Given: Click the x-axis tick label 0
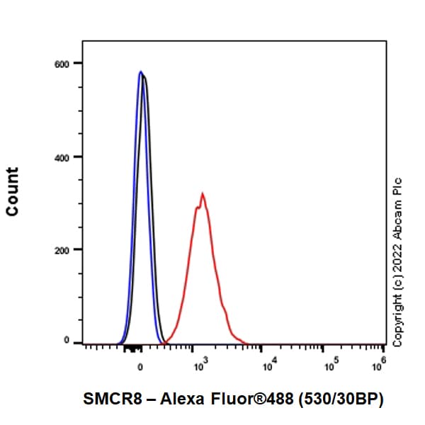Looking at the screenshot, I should (140, 367).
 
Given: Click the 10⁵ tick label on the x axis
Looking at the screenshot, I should (329, 365).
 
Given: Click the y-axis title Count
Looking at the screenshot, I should (12, 191).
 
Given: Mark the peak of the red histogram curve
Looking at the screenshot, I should (203, 193).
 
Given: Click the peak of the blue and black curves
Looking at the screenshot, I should (142, 72).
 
